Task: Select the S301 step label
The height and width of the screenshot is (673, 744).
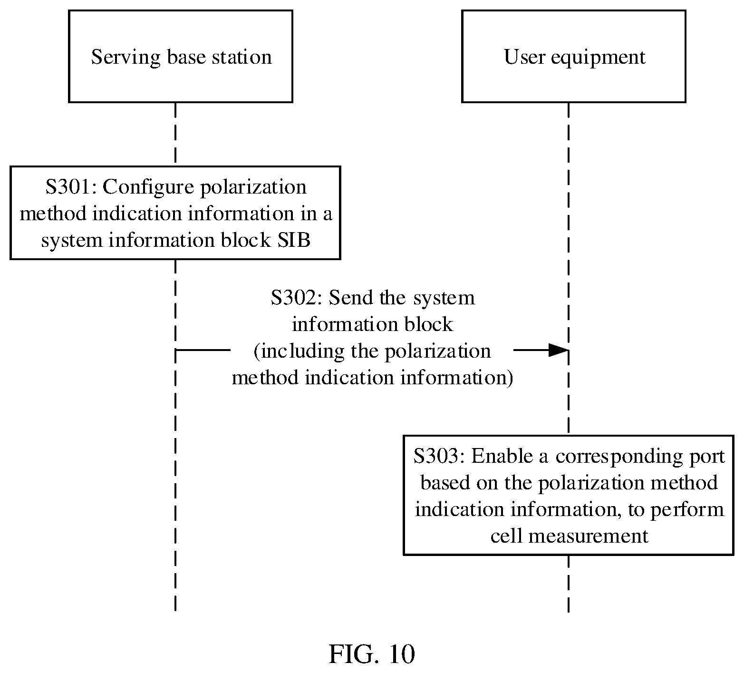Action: (x=70, y=187)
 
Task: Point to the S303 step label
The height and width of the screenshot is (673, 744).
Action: (x=439, y=456)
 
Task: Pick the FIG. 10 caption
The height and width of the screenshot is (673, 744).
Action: (x=372, y=654)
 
